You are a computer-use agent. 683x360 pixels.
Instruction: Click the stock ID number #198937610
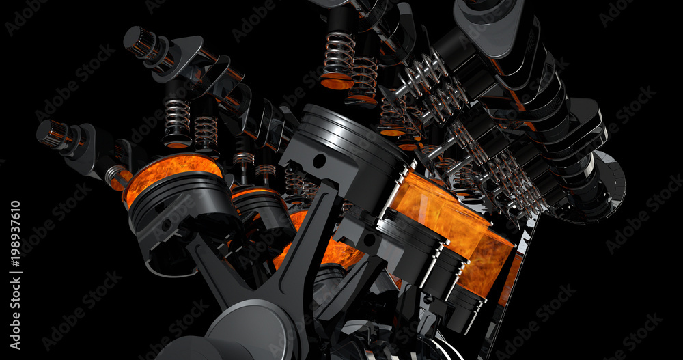click(x=15, y=233)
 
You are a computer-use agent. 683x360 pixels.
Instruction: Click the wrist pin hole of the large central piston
click(x=319, y=161)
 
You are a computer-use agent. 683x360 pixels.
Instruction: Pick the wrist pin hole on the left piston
click(x=166, y=225)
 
